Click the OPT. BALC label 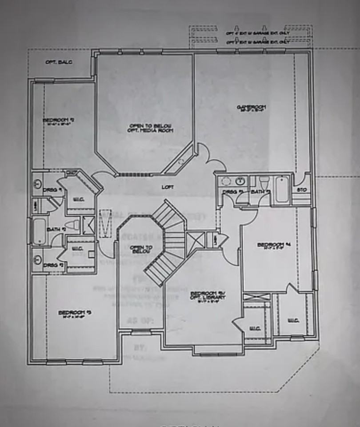(x=59, y=62)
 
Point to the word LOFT (x=168, y=187)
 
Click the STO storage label (x=303, y=190)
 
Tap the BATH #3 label (x=260, y=192)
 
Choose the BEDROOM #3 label (x=75, y=313)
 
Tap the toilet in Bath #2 (x=72, y=225)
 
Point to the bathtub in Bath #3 (x=282, y=189)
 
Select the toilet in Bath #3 (x=264, y=182)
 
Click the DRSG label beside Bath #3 (x=230, y=192)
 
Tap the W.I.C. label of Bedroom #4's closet (x=292, y=320)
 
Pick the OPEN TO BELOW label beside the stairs (x=142, y=249)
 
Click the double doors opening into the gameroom (x=209, y=158)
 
